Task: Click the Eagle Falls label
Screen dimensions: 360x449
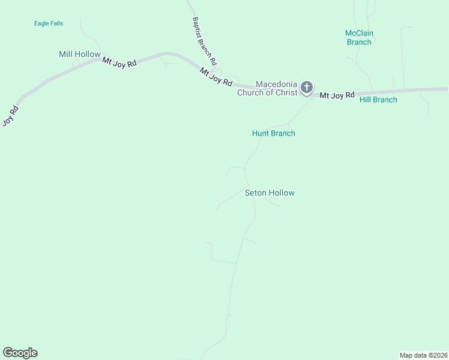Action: click(49, 23)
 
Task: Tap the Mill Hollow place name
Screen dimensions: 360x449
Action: click(79, 55)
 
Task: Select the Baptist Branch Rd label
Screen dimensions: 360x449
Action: click(204, 41)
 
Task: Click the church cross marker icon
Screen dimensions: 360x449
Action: click(307, 88)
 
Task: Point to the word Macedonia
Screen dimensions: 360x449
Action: click(277, 84)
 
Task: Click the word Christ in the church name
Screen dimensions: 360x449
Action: click(286, 92)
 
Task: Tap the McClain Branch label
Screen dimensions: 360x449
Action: click(358, 37)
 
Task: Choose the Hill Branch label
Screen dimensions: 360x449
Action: click(378, 100)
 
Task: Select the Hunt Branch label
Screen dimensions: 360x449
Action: click(273, 133)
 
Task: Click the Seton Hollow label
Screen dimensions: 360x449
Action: click(270, 193)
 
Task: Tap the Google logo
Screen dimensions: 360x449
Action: click(20, 353)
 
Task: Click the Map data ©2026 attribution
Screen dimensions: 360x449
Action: click(423, 355)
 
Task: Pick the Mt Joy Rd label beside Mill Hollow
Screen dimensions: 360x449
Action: click(119, 62)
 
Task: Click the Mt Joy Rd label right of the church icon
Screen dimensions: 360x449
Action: click(337, 95)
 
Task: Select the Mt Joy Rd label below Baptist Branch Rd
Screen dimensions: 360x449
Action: click(215, 78)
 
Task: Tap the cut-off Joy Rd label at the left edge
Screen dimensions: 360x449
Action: click(8, 115)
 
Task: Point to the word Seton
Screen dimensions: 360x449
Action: click(256, 193)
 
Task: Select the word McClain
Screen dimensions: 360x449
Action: click(358, 33)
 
